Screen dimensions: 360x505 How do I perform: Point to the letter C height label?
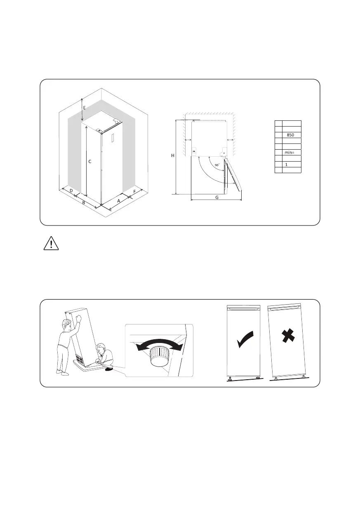[89, 162]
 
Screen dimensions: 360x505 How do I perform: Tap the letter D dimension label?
[71, 191]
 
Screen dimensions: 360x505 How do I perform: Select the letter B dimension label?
[84, 202]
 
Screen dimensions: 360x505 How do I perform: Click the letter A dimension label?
[119, 200]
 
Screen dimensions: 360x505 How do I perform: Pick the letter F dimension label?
[135, 192]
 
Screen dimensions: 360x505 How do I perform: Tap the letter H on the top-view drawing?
[173, 155]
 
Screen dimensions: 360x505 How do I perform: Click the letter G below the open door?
[217, 197]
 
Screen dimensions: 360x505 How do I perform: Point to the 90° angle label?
[217, 165]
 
